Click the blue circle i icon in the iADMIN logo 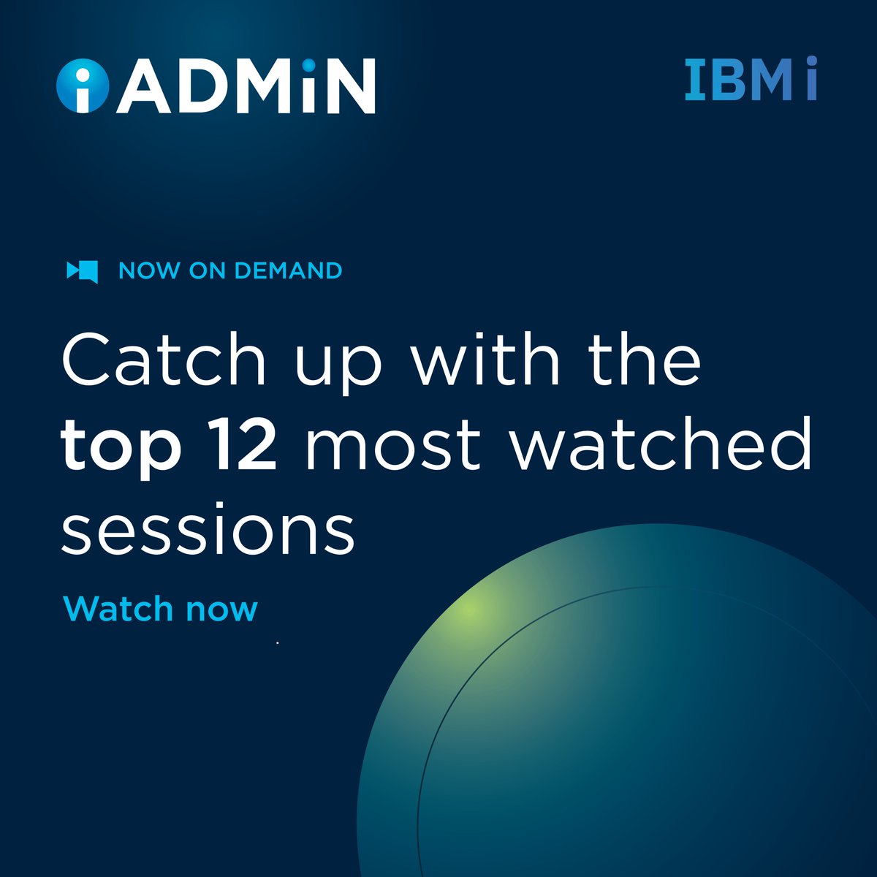coord(82,86)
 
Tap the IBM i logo coord(751,80)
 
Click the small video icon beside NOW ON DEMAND coord(82,271)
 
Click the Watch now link coord(161,609)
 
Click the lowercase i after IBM coord(811,80)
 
